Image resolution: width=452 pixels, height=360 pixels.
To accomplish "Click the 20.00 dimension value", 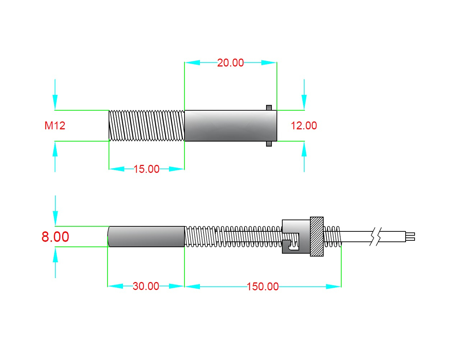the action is pyautogui.click(x=230, y=63).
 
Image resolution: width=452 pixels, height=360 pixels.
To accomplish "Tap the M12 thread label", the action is pyautogui.click(x=55, y=125).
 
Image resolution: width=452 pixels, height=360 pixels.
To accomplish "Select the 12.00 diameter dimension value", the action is pyautogui.click(x=304, y=125).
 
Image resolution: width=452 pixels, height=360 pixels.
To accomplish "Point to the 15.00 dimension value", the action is pyautogui.click(x=146, y=169).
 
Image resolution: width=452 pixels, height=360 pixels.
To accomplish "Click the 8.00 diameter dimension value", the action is pyautogui.click(x=55, y=236).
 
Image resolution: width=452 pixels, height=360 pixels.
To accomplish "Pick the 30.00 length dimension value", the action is pyautogui.click(x=146, y=286).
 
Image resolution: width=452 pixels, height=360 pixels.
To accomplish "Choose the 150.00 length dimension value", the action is pyautogui.click(x=262, y=287).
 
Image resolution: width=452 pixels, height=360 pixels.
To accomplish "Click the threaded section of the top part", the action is pyautogui.click(x=147, y=125).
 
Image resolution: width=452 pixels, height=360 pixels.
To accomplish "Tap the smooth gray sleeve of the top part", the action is pyautogui.click(x=230, y=125).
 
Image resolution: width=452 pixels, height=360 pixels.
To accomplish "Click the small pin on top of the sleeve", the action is pyautogui.click(x=269, y=108).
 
